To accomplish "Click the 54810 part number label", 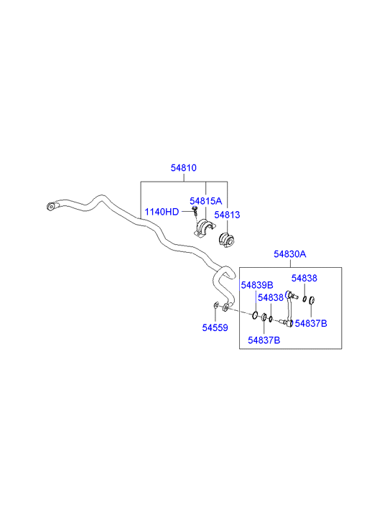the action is tap(184, 168).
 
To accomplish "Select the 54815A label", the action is tap(205, 201).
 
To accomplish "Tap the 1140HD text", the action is tap(162, 212).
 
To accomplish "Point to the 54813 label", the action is tap(227, 215).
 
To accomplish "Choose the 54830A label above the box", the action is tap(290, 254).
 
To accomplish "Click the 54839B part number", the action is tap(257, 285).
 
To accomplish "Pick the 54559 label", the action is tap(215, 328).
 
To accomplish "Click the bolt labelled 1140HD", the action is tap(195, 210).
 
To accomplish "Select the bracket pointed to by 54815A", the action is tap(203, 228).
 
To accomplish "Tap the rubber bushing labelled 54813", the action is tap(226, 241).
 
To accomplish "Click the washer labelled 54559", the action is tap(216, 305).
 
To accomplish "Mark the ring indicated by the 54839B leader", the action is tap(255, 314).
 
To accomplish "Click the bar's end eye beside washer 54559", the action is tap(225, 307).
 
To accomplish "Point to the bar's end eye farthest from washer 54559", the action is tap(50, 206).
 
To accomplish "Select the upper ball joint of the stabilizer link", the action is tap(288, 294).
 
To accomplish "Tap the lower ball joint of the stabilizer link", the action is tap(290, 323).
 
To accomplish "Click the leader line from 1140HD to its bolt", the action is tap(187, 211).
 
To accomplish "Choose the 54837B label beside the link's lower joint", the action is tap(311, 323).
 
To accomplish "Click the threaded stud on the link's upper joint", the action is tap(295, 297).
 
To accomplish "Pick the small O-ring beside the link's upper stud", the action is tap(304, 299).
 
